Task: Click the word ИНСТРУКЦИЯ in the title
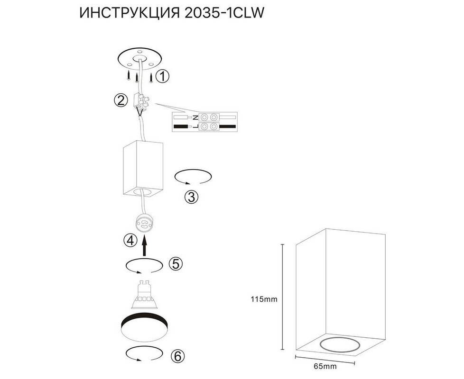[130, 13]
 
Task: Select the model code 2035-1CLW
[224, 13]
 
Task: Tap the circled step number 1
[162, 76]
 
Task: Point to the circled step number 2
[121, 100]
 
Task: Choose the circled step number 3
[192, 197]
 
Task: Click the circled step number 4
[130, 241]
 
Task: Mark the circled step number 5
[176, 263]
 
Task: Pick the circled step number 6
[177, 356]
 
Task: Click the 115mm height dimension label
[264, 299]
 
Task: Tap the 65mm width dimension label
[325, 367]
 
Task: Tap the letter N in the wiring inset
[195, 118]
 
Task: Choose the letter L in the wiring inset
[195, 126]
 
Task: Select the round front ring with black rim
[145, 327]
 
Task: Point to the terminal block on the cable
[141, 100]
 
